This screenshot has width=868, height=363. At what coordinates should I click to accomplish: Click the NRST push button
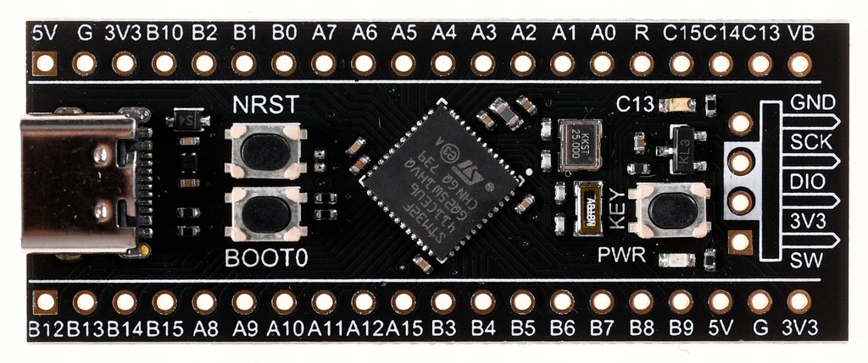coord(265,151)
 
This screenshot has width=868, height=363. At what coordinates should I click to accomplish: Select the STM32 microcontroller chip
coord(440,181)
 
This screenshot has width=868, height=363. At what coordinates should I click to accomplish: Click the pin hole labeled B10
coord(164,63)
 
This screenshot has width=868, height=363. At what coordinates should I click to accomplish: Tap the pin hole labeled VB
coord(799,63)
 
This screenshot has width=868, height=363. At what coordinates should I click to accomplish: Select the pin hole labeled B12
coord(45,301)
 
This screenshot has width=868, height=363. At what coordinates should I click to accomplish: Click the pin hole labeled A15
coord(403,301)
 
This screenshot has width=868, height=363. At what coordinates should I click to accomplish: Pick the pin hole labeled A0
coord(602,63)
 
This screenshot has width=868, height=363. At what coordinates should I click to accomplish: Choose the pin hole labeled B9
coord(681,301)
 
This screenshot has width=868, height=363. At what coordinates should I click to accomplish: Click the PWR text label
coord(622,255)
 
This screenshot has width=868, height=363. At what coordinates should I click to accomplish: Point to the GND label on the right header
coord(813,102)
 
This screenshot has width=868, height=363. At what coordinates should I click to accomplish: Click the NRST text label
coord(265,106)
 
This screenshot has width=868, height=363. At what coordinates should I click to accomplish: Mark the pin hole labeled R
coord(642,63)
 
